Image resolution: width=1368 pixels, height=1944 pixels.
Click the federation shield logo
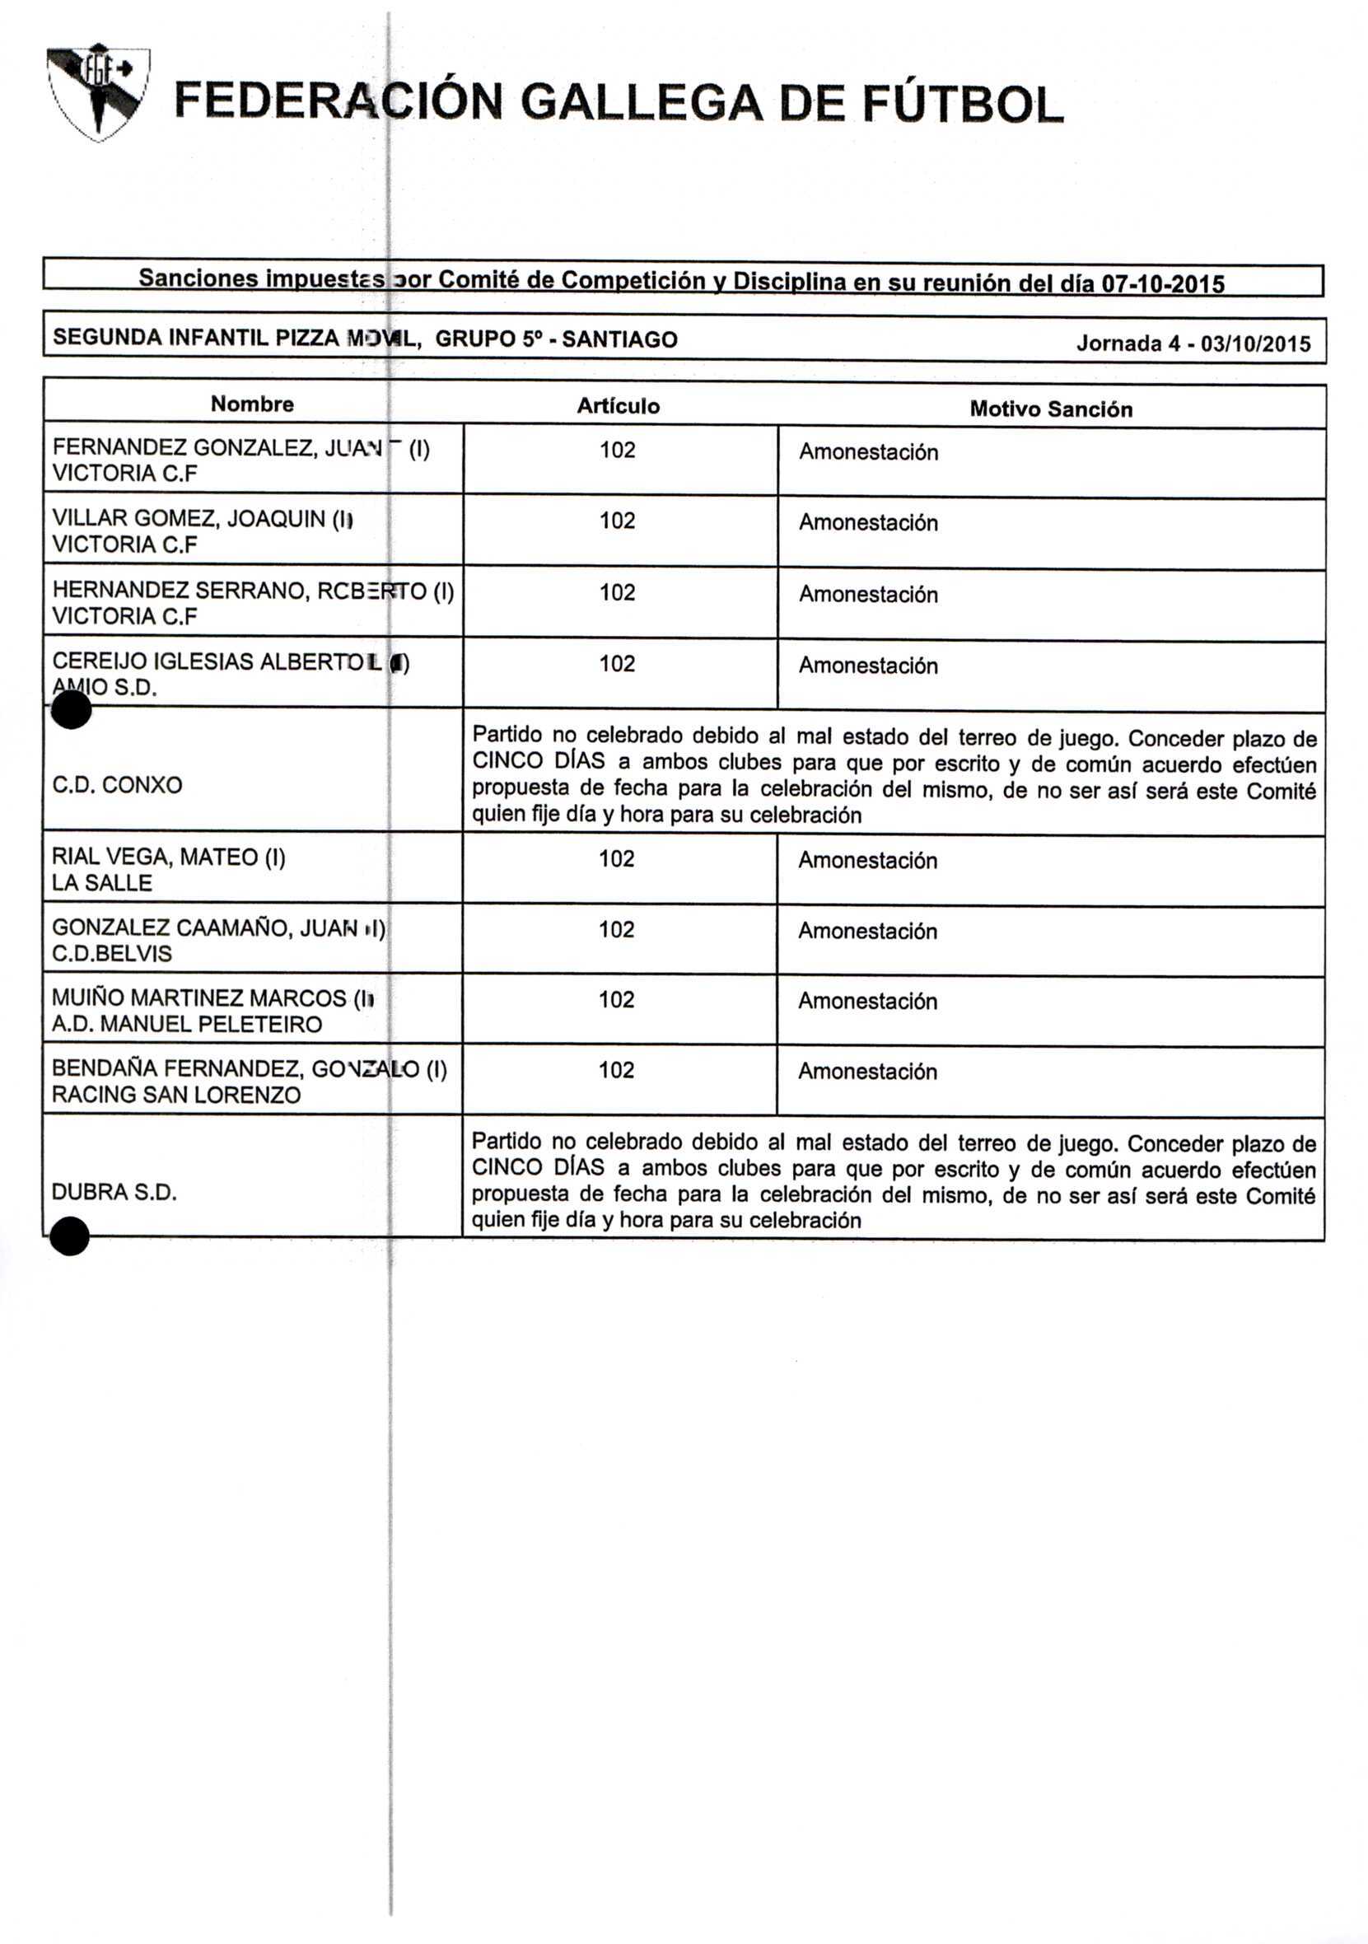99,91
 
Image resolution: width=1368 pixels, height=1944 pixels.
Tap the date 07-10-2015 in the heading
1162,284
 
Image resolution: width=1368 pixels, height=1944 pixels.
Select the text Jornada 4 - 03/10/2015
1193,343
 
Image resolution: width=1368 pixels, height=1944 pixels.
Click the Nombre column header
252,404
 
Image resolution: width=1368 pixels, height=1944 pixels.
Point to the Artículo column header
618,406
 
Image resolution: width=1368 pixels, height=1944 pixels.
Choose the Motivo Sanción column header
1051,409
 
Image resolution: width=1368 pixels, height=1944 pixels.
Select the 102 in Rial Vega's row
616,859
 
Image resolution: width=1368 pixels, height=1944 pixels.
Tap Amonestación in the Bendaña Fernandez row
867,1072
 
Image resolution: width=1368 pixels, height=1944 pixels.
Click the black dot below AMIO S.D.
71,709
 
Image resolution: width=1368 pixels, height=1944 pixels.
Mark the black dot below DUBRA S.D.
69,1236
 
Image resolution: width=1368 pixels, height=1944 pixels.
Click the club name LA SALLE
101,883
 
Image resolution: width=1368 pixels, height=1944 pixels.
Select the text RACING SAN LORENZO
176,1096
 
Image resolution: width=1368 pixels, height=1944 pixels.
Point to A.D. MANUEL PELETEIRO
186,1025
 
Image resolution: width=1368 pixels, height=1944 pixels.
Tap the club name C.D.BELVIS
112,954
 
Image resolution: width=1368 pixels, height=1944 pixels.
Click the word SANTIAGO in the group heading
619,340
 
